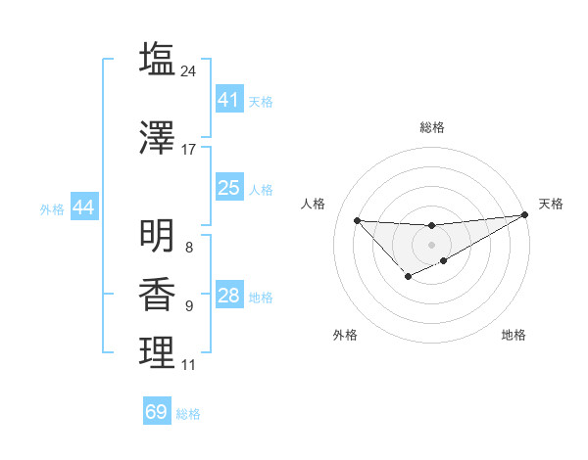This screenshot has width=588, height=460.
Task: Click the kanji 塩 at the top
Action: pyautogui.click(x=158, y=60)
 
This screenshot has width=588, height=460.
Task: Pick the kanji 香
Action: pyautogui.click(x=158, y=295)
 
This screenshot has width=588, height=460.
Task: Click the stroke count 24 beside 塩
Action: pyautogui.click(x=189, y=71)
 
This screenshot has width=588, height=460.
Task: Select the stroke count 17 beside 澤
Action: pyautogui.click(x=189, y=150)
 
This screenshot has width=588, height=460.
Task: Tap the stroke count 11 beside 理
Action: pyautogui.click(x=189, y=365)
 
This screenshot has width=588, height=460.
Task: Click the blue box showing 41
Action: pyautogui.click(x=228, y=100)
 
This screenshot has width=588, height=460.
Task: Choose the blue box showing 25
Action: pyautogui.click(x=228, y=188)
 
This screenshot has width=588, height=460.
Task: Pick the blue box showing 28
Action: pyautogui.click(x=228, y=296)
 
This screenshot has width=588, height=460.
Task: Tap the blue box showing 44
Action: pyautogui.click(x=82, y=207)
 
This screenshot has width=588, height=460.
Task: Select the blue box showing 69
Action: pyautogui.click(x=157, y=412)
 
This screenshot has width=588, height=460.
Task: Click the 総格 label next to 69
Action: pyautogui.click(x=188, y=414)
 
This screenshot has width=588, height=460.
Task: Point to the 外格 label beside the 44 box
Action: pyautogui.click(x=52, y=208)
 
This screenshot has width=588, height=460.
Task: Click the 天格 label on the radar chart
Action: pyautogui.click(x=551, y=204)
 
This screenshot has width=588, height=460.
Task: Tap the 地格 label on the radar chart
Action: pyautogui.click(x=514, y=335)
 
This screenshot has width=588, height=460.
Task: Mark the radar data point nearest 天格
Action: pyautogui.click(x=525, y=215)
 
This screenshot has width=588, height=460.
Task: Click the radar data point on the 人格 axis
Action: pyautogui.click(x=357, y=220)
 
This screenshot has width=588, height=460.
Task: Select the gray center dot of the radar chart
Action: pyautogui.click(x=431, y=244)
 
